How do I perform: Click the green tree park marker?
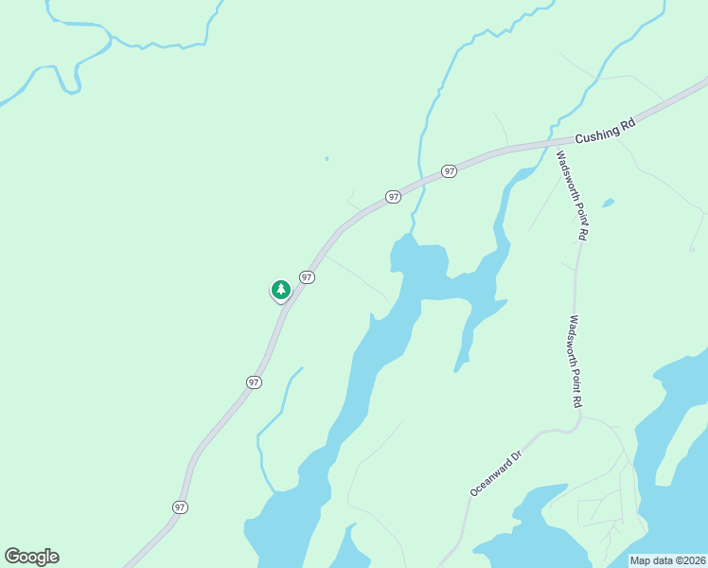[280, 290]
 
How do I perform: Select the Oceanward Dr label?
[497, 473]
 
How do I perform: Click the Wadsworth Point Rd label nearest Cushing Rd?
[574, 195]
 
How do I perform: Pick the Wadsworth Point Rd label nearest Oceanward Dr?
[575, 362]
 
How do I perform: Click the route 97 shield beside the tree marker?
[307, 276]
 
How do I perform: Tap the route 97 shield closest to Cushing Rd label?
[449, 171]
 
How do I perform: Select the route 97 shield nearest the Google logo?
[180, 507]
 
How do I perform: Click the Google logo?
[31, 557]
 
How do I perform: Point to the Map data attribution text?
[667, 560]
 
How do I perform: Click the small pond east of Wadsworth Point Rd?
[607, 203]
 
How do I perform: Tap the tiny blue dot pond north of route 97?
[327, 158]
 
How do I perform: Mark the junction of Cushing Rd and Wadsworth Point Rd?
[556, 143]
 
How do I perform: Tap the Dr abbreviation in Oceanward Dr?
[517, 456]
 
